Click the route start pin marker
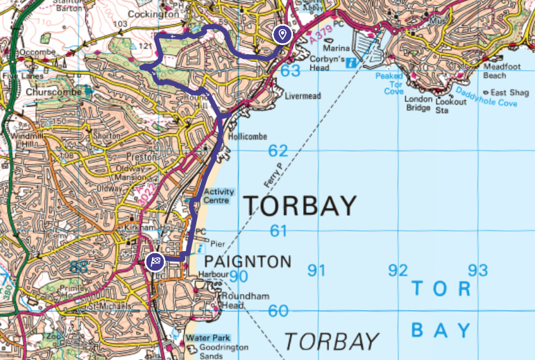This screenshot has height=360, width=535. (x=282, y=35)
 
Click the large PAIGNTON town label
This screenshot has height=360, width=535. (x=248, y=262)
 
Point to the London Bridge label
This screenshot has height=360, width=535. (x=419, y=103)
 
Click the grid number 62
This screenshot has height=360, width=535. (x=278, y=151)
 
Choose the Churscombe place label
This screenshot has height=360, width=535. (x=50, y=91)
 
